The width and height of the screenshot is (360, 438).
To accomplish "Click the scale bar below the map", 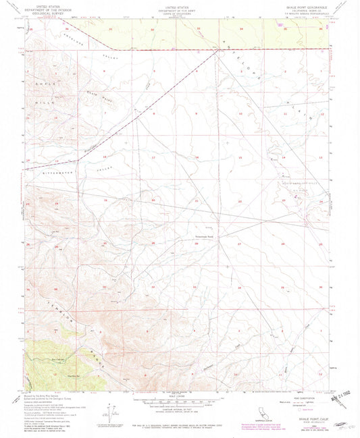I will point(179,406).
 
